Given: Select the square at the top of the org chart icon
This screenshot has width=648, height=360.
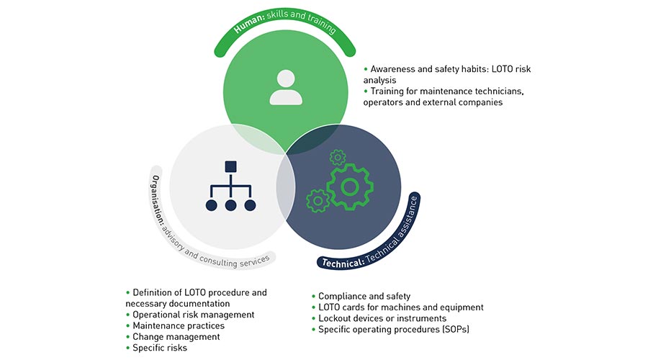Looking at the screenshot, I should (x=230, y=167).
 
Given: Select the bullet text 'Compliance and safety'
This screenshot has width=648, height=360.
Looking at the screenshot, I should (x=364, y=297).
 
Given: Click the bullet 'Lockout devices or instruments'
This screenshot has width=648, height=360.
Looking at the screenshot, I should (x=382, y=318).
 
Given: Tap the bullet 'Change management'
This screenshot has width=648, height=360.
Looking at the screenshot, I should (x=176, y=336).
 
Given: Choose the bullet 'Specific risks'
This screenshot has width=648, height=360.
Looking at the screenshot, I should (x=159, y=348).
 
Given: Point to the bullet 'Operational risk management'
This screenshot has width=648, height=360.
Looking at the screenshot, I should (x=193, y=315).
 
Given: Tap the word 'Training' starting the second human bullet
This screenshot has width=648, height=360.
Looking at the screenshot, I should (x=389, y=91).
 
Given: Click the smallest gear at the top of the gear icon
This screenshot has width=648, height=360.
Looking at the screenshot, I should (x=336, y=157).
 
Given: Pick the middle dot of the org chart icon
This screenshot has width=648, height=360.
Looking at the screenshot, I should (x=230, y=205).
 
